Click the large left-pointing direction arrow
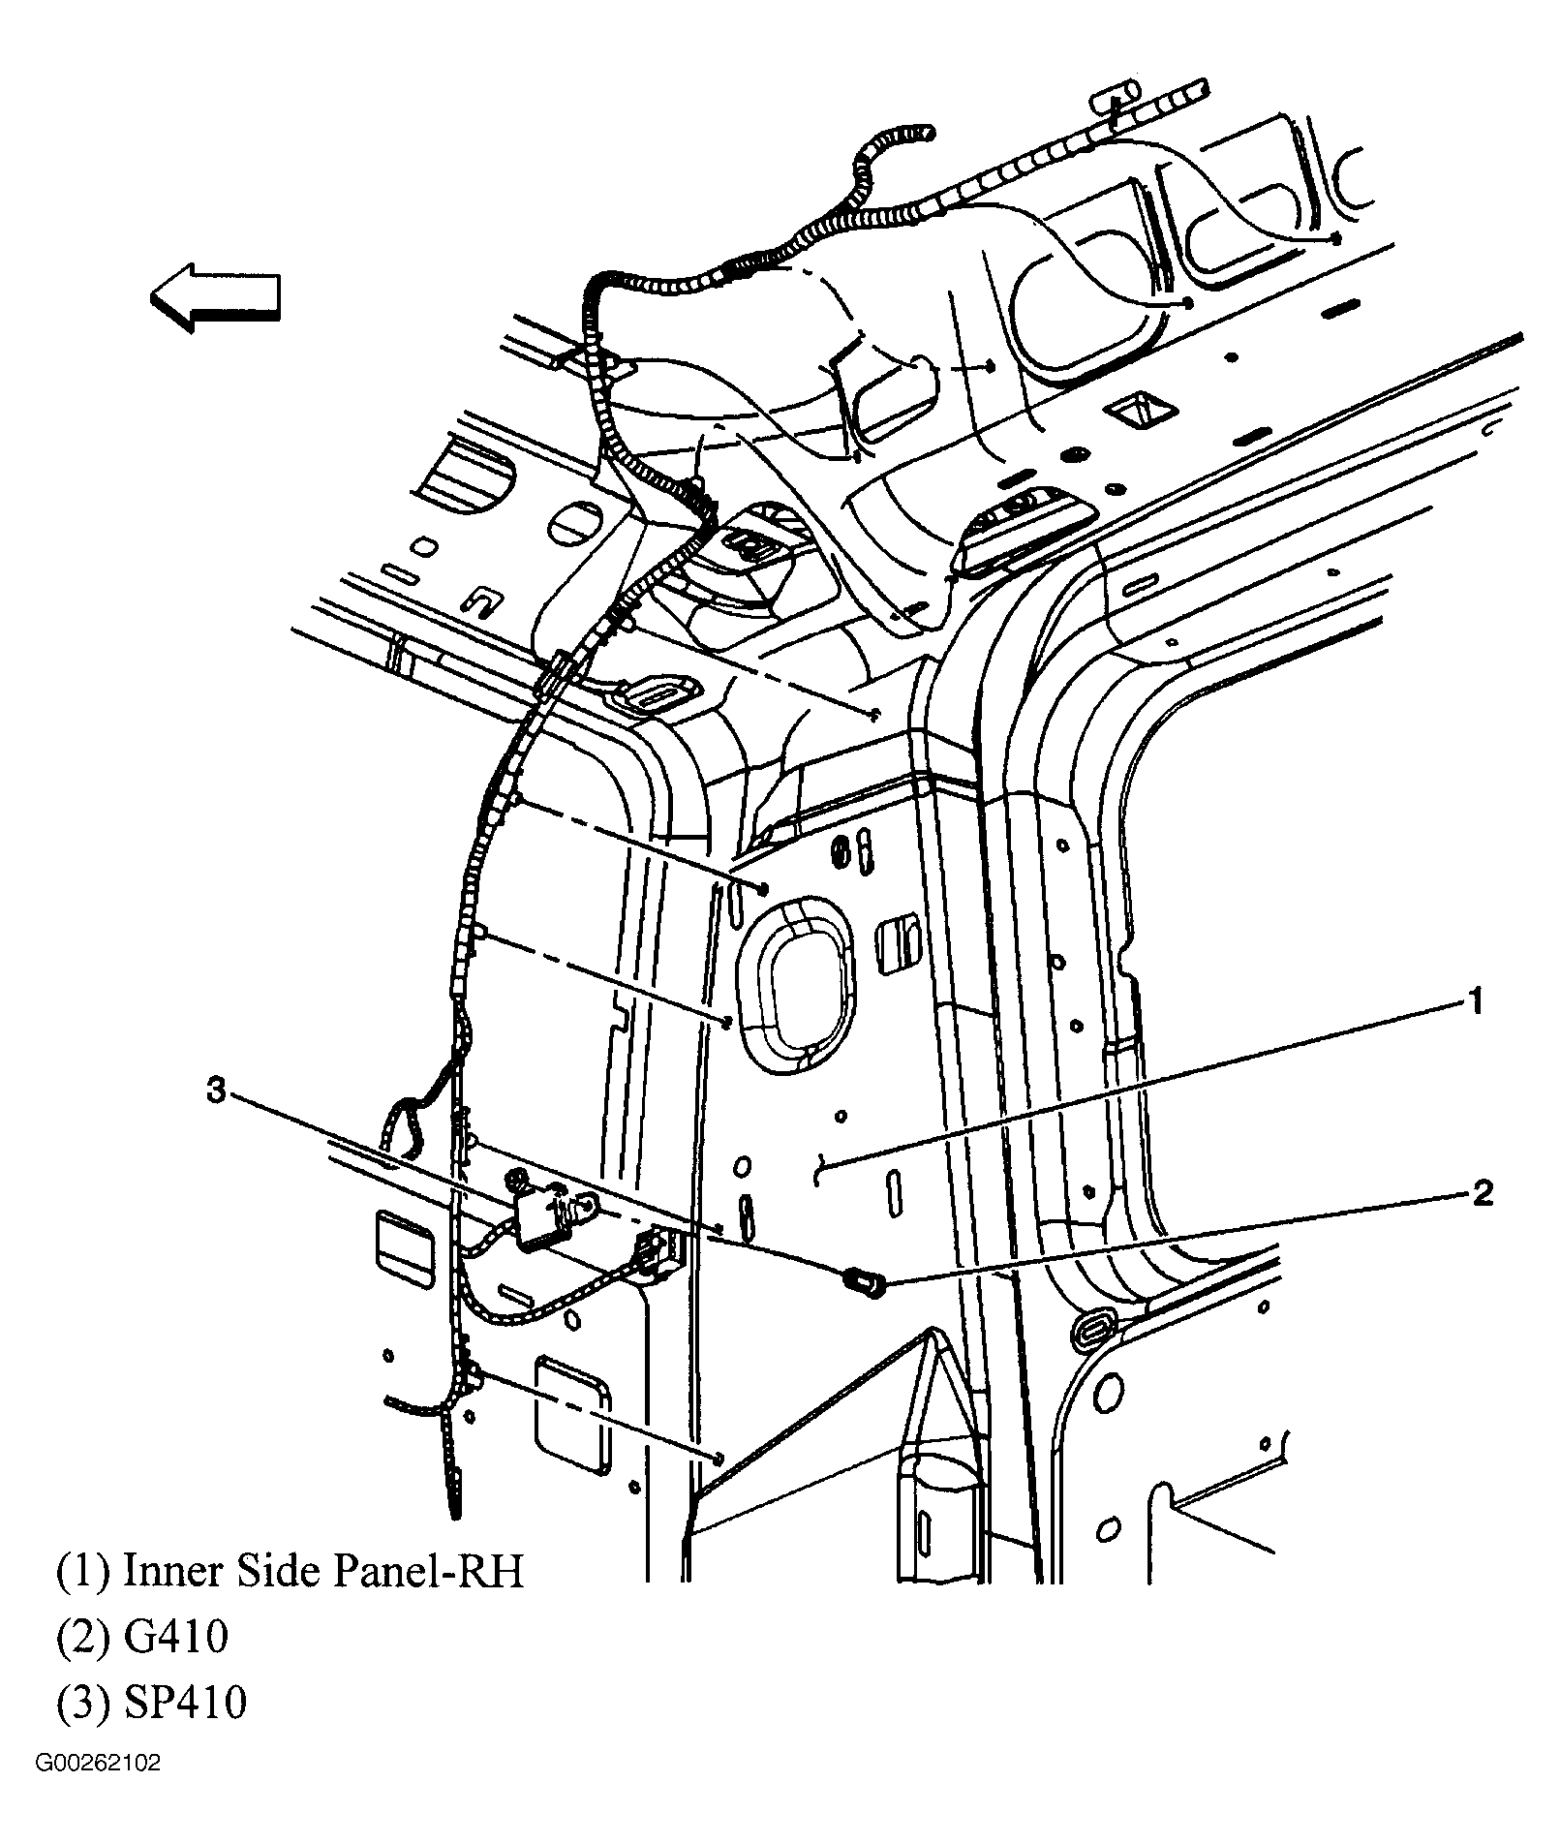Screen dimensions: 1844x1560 point(215,297)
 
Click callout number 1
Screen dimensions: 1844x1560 point(1473,1002)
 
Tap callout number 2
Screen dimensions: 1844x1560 point(1482,1193)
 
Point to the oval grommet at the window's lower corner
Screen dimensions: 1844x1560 point(1093,1329)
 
